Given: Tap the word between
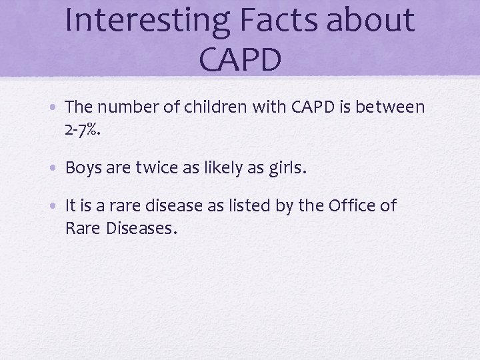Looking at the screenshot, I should tap(392, 107).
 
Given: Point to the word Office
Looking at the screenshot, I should tap(351, 207).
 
